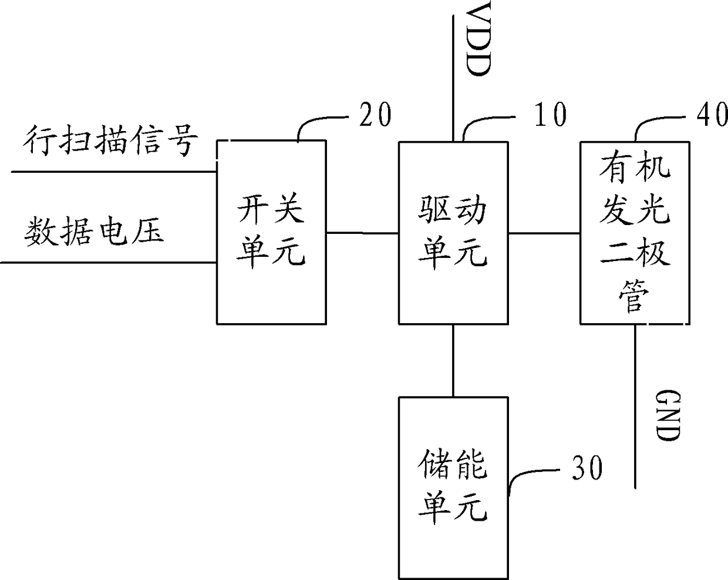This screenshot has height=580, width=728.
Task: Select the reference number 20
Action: click(x=375, y=115)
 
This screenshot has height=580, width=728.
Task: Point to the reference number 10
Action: click(x=550, y=115)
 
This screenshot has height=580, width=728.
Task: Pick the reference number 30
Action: click(x=587, y=468)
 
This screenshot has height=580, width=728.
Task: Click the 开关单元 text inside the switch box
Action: click(x=271, y=231)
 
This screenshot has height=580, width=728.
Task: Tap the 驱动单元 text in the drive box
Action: click(x=453, y=233)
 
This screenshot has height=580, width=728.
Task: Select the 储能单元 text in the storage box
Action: click(x=453, y=487)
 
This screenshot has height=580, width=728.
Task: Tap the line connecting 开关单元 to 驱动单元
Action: click(x=362, y=233)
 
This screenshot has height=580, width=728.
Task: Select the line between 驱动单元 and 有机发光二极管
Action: click(x=544, y=233)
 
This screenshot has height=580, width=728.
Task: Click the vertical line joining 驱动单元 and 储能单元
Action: click(x=453, y=361)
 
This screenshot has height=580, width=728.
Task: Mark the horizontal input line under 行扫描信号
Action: click(x=114, y=172)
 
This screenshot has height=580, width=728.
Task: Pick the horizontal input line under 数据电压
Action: click(x=108, y=263)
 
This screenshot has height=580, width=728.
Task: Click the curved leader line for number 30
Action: click(x=528, y=474)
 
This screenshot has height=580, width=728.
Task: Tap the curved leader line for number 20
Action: click(x=315, y=120)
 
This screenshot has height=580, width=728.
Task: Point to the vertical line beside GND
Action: click(x=635, y=406)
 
